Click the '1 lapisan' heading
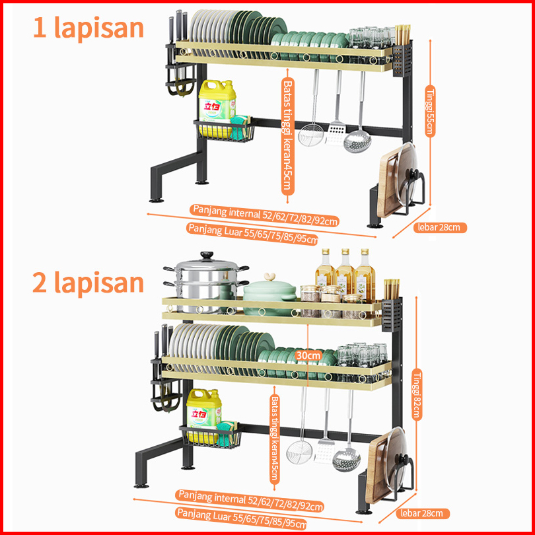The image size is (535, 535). [89, 28]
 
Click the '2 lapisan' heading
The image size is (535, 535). [88, 283]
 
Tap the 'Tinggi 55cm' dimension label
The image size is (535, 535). [430, 111]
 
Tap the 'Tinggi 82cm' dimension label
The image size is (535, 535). [417, 394]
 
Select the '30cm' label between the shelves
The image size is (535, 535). [308, 355]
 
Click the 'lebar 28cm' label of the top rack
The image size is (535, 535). [439, 227]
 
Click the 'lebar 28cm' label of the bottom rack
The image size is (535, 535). [423, 513]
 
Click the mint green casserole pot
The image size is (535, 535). [269, 293]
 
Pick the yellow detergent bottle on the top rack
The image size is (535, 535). [217, 106]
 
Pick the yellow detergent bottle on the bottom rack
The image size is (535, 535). [204, 415]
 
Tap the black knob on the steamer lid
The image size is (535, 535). [207, 255]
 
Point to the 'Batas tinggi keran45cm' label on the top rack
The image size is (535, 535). [287, 136]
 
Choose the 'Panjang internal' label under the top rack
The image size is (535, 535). [265, 215]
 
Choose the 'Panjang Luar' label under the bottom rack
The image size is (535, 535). [242, 518]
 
